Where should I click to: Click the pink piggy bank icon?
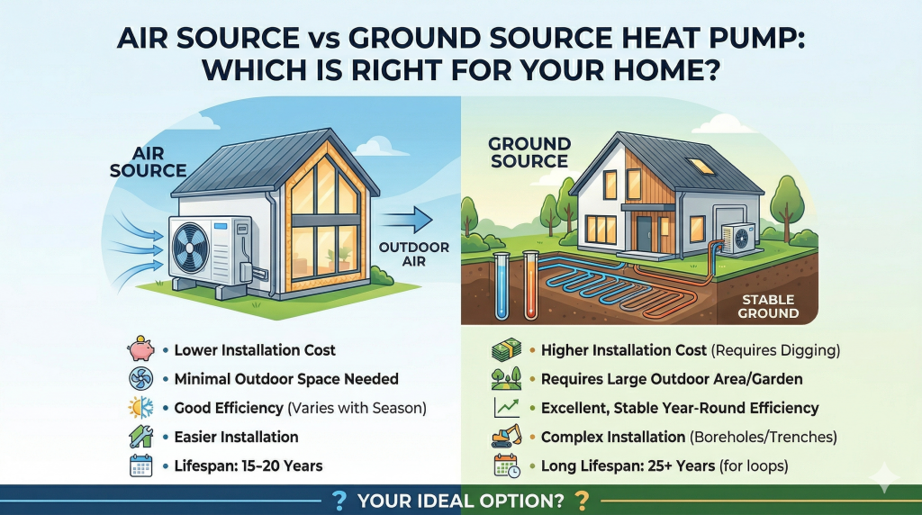point(141,349)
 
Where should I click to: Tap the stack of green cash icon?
point(505,349)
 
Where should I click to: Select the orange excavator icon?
point(504,437)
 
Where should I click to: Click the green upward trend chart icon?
point(505,408)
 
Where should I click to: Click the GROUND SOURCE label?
point(529,153)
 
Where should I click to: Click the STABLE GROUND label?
point(768,307)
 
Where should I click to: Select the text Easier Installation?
point(236,437)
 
